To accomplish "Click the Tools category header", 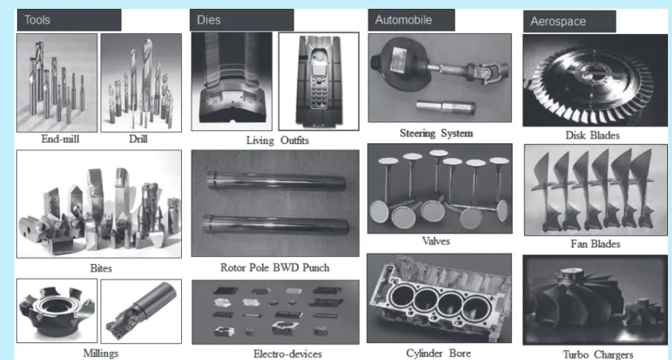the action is pos(68,20).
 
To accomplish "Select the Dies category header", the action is pos(241,20).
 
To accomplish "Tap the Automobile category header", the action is pos(411,20).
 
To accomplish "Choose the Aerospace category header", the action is pos(570,22).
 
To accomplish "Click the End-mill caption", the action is pos(60,139).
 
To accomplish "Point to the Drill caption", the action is pos(138,139).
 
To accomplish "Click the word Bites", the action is pos(101,269).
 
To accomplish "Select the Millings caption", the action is pos(101,354).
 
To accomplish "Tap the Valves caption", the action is pos(436,241).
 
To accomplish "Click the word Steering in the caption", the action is pos(418,134).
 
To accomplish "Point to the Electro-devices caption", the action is pos(287,354).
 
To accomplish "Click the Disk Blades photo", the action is pos(596,81).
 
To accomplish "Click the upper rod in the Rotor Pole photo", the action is pos(276,181).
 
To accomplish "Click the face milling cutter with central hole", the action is pos(56,311).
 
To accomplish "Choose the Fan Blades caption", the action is pos(596,244).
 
